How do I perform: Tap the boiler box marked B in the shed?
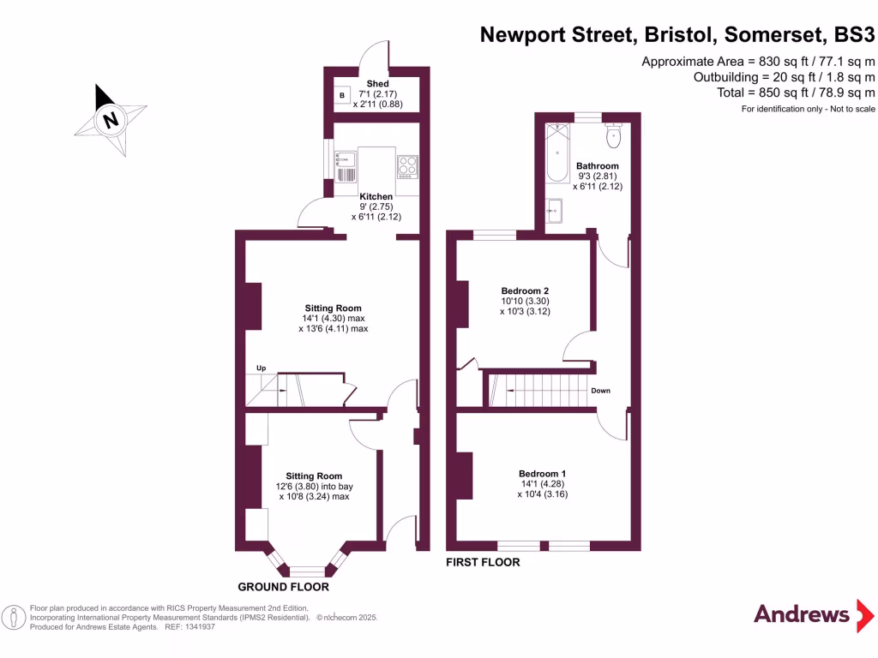point(342,94)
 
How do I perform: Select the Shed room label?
point(378,83)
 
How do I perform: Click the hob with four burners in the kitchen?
point(407,164)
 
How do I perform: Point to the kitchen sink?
point(346,159)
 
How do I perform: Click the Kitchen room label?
point(376,196)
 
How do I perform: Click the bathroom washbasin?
point(554,209)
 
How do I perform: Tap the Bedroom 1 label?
point(542,474)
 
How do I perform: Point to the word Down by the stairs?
point(600,391)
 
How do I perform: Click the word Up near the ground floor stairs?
point(262,368)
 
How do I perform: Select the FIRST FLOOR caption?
point(483,563)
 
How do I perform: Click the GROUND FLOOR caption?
point(283,588)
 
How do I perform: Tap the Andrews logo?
point(801,613)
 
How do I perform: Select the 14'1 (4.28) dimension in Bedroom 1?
point(542,484)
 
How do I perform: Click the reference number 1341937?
point(195,627)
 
